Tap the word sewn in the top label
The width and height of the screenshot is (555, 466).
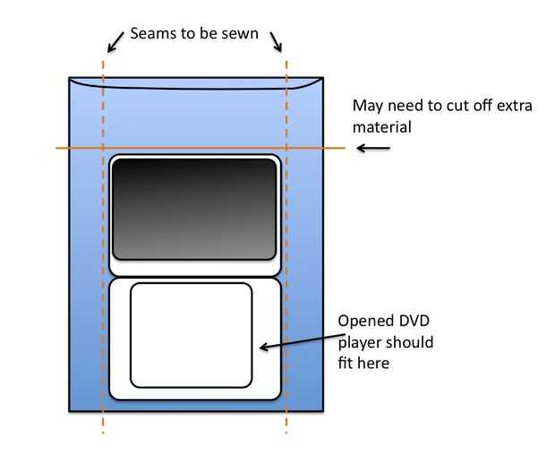[243, 34]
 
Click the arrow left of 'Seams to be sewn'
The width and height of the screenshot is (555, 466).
[115, 40]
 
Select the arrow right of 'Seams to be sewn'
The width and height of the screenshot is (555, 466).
[277, 40]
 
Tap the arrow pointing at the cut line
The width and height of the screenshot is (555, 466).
[373, 147]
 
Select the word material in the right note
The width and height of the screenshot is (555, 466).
[382, 127]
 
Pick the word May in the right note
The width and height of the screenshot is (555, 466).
[369, 106]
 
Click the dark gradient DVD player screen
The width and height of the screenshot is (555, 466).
[193, 209]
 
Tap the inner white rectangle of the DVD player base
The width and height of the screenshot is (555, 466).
[191, 334]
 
